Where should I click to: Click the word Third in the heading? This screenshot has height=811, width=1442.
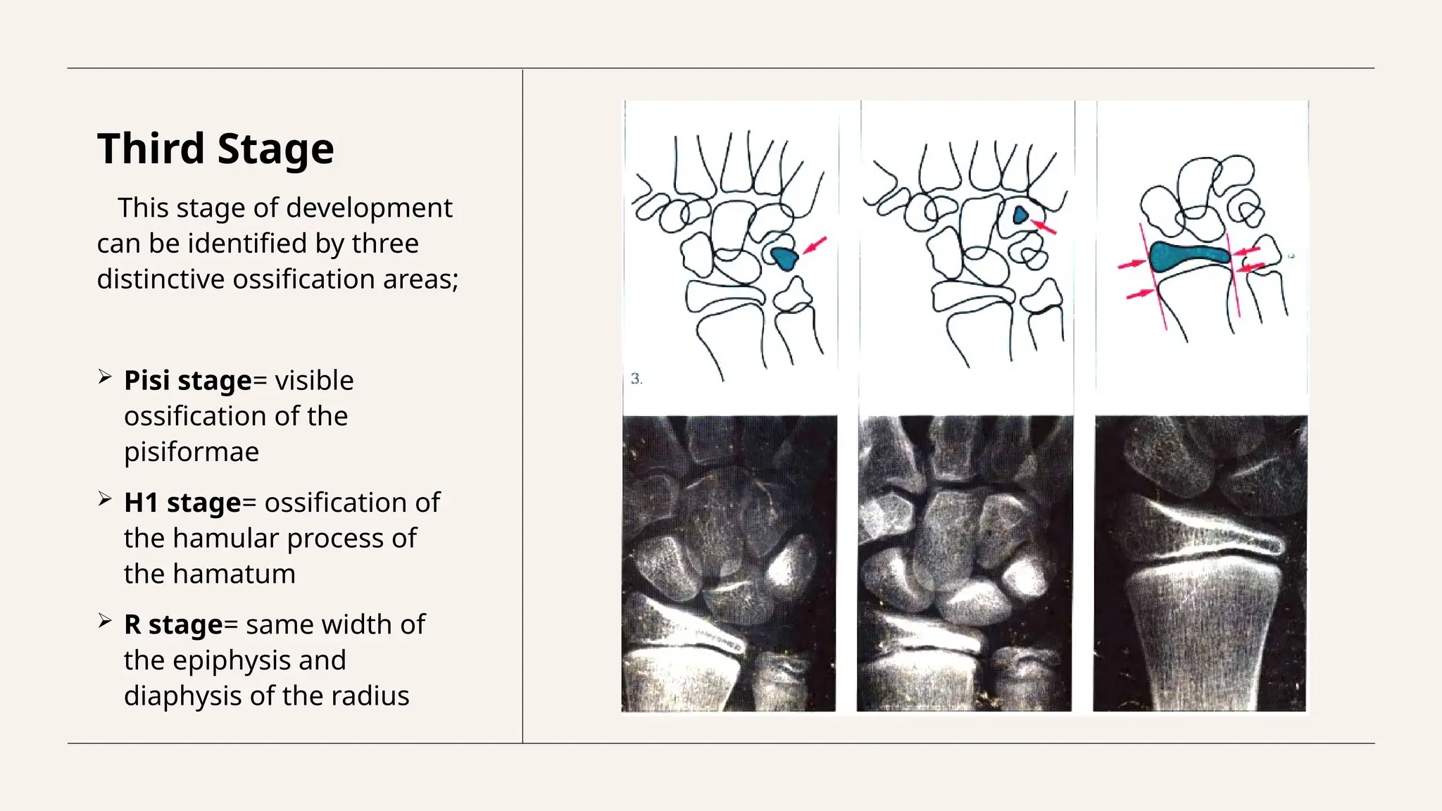click(x=151, y=149)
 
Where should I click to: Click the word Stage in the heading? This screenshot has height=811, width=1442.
click(x=275, y=149)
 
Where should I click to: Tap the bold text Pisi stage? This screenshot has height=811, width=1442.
click(x=187, y=380)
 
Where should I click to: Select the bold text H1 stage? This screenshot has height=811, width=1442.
click(x=182, y=503)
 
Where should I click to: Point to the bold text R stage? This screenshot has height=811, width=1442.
click(x=173, y=624)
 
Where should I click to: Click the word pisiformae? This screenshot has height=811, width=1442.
click(x=192, y=451)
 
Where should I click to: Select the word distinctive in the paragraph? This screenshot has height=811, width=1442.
click(x=161, y=279)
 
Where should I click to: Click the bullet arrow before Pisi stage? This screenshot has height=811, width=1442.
click(x=105, y=377)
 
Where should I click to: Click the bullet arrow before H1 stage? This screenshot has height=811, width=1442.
click(x=105, y=499)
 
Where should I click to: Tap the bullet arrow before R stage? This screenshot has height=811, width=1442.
click(x=105, y=621)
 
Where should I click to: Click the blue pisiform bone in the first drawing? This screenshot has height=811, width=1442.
click(x=784, y=258)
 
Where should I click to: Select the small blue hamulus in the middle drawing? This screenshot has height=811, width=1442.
click(x=1020, y=215)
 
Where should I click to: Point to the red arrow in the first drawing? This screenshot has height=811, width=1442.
click(x=815, y=245)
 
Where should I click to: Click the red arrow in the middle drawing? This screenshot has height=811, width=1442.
click(x=1044, y=227)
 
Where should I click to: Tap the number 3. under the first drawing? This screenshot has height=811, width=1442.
click(x=637, y=379)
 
